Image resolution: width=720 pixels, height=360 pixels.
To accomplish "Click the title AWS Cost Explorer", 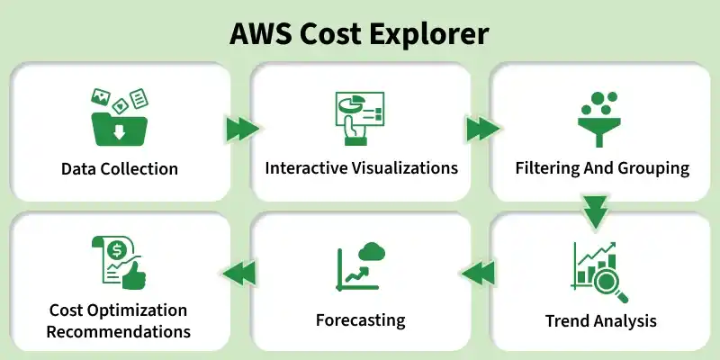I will click(x=360, y=33).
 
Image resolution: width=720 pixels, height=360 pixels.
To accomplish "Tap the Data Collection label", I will click(x=120, y=169).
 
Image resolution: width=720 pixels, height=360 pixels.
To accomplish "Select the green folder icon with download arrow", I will click(x=118, y=126).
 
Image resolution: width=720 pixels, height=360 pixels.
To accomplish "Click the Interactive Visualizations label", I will click(x=361, y=168).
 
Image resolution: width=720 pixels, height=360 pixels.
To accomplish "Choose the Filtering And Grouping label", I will click(x=602, y=168).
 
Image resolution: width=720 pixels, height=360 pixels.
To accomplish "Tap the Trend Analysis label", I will click(x=601, y=320).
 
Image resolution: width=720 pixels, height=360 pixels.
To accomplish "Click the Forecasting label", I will click(x=360, y=320).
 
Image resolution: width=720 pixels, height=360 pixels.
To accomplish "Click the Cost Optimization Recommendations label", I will click(x=120, y=320).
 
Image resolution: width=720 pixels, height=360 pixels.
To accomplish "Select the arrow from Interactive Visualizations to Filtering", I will click(x=481, y=130).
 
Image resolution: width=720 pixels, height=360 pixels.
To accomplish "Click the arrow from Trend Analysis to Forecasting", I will click(x=480, y=271).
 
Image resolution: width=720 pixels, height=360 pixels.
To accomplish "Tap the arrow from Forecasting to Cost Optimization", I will click(x=238, y=271).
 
